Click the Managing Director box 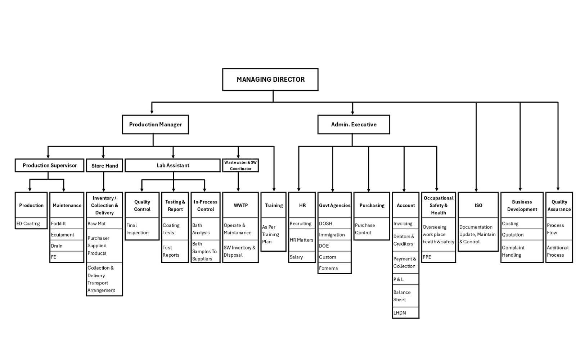(270, 80)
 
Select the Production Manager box (155, 125)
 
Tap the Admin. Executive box (354, 125)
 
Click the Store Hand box (104, 166)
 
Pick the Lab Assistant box (172, 166)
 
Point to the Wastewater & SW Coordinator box (240, 166)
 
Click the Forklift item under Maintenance (67, 224)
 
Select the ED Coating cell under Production (31, 224)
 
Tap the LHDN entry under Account (405, 313)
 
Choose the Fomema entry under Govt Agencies (334, 268)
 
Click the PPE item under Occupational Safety (438, 257)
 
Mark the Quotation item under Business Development (522, 235)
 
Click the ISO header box (478, 205)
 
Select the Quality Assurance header (559, 205)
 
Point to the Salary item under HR (302, 257)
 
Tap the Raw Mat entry (104, 224)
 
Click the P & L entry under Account (405, 279)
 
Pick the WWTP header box (240, 205)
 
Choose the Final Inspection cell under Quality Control (142, 229)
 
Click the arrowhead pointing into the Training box (274, 189)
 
